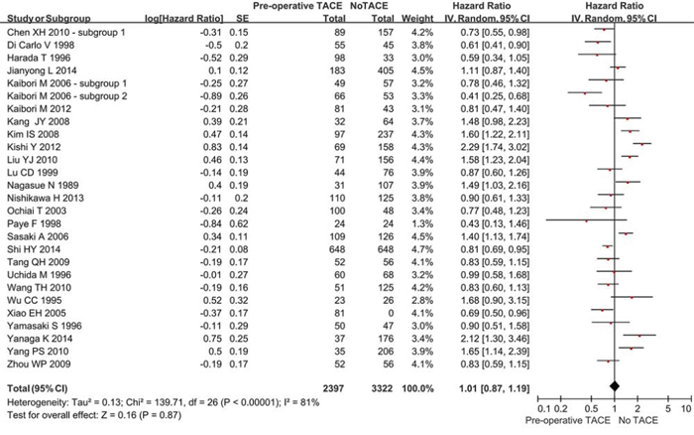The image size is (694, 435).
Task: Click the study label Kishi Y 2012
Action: [34, 147]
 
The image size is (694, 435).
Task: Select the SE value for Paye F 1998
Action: [239, 223]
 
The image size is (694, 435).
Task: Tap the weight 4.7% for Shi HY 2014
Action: [417, 249]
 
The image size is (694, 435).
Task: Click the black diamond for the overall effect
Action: [615, 386]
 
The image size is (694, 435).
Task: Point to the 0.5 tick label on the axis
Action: [591, 409]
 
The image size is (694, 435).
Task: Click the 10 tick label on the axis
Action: [686, 409]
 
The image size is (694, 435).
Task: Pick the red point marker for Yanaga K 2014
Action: [639, 336]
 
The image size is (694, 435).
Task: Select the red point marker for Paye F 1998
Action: [587, 220]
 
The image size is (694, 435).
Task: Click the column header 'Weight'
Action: [417, 19]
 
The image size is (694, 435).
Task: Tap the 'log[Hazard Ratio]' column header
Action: [184, 19]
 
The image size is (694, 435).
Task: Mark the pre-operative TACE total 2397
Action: [333, 388]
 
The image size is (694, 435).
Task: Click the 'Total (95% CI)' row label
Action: [38, 388]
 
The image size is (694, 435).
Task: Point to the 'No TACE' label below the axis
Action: [638, 420]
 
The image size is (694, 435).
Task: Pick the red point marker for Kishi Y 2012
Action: [641, 144]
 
